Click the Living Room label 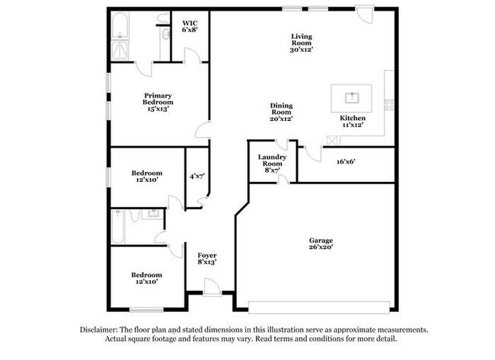coord(302,43)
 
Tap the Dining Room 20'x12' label coord(281,112)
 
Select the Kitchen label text coord(353,123)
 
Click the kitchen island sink coord(352,97)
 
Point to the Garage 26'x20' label coord(321,244)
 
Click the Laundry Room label coord(273,164)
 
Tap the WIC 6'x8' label coord(190,27)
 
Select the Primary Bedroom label coord(158,102)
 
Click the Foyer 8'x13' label coord(207,259)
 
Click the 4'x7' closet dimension coord(197,177)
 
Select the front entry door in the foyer coord(212,286)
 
